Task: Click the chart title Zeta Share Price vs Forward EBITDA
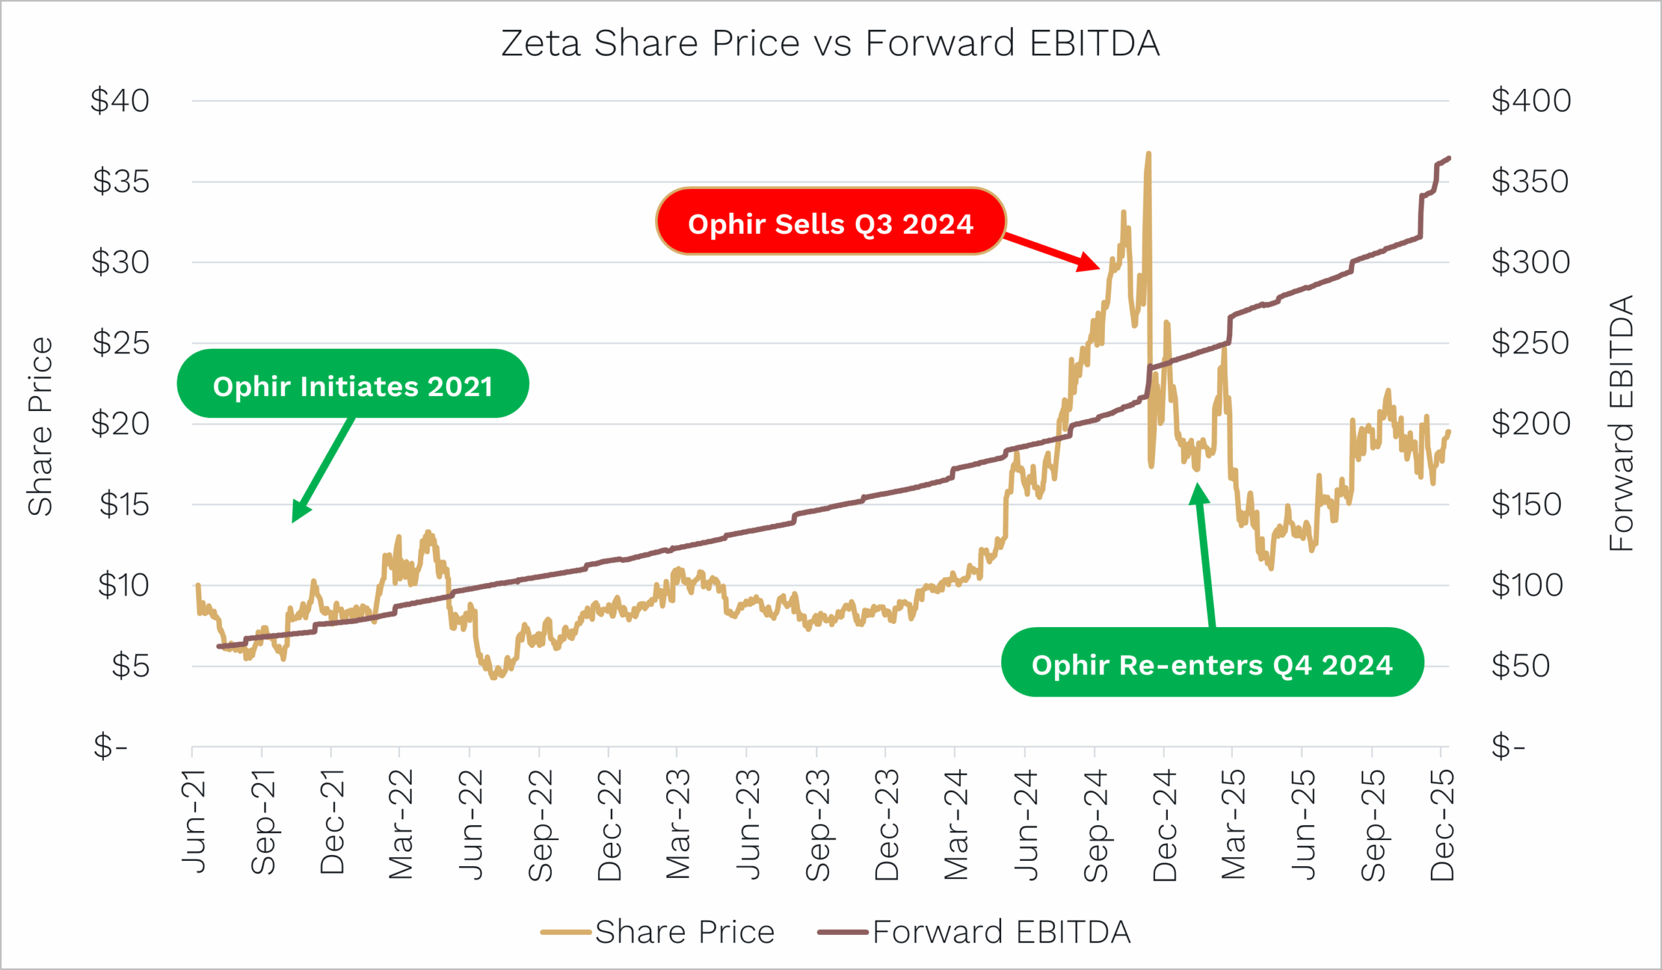tap(830, 44)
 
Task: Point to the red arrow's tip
tap(1099, 268)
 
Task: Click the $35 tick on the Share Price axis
tap(121, 181)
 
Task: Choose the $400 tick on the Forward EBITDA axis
tap(1531, 101)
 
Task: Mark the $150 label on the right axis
tap(1526, 504)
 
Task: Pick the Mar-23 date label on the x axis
tap(677, 825)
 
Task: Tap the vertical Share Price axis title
tap(40, 426)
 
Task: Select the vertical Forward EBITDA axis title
tap(1620, 423)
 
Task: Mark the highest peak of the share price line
tap(1148, 154)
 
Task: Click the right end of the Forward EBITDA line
tap(1448, 158)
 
